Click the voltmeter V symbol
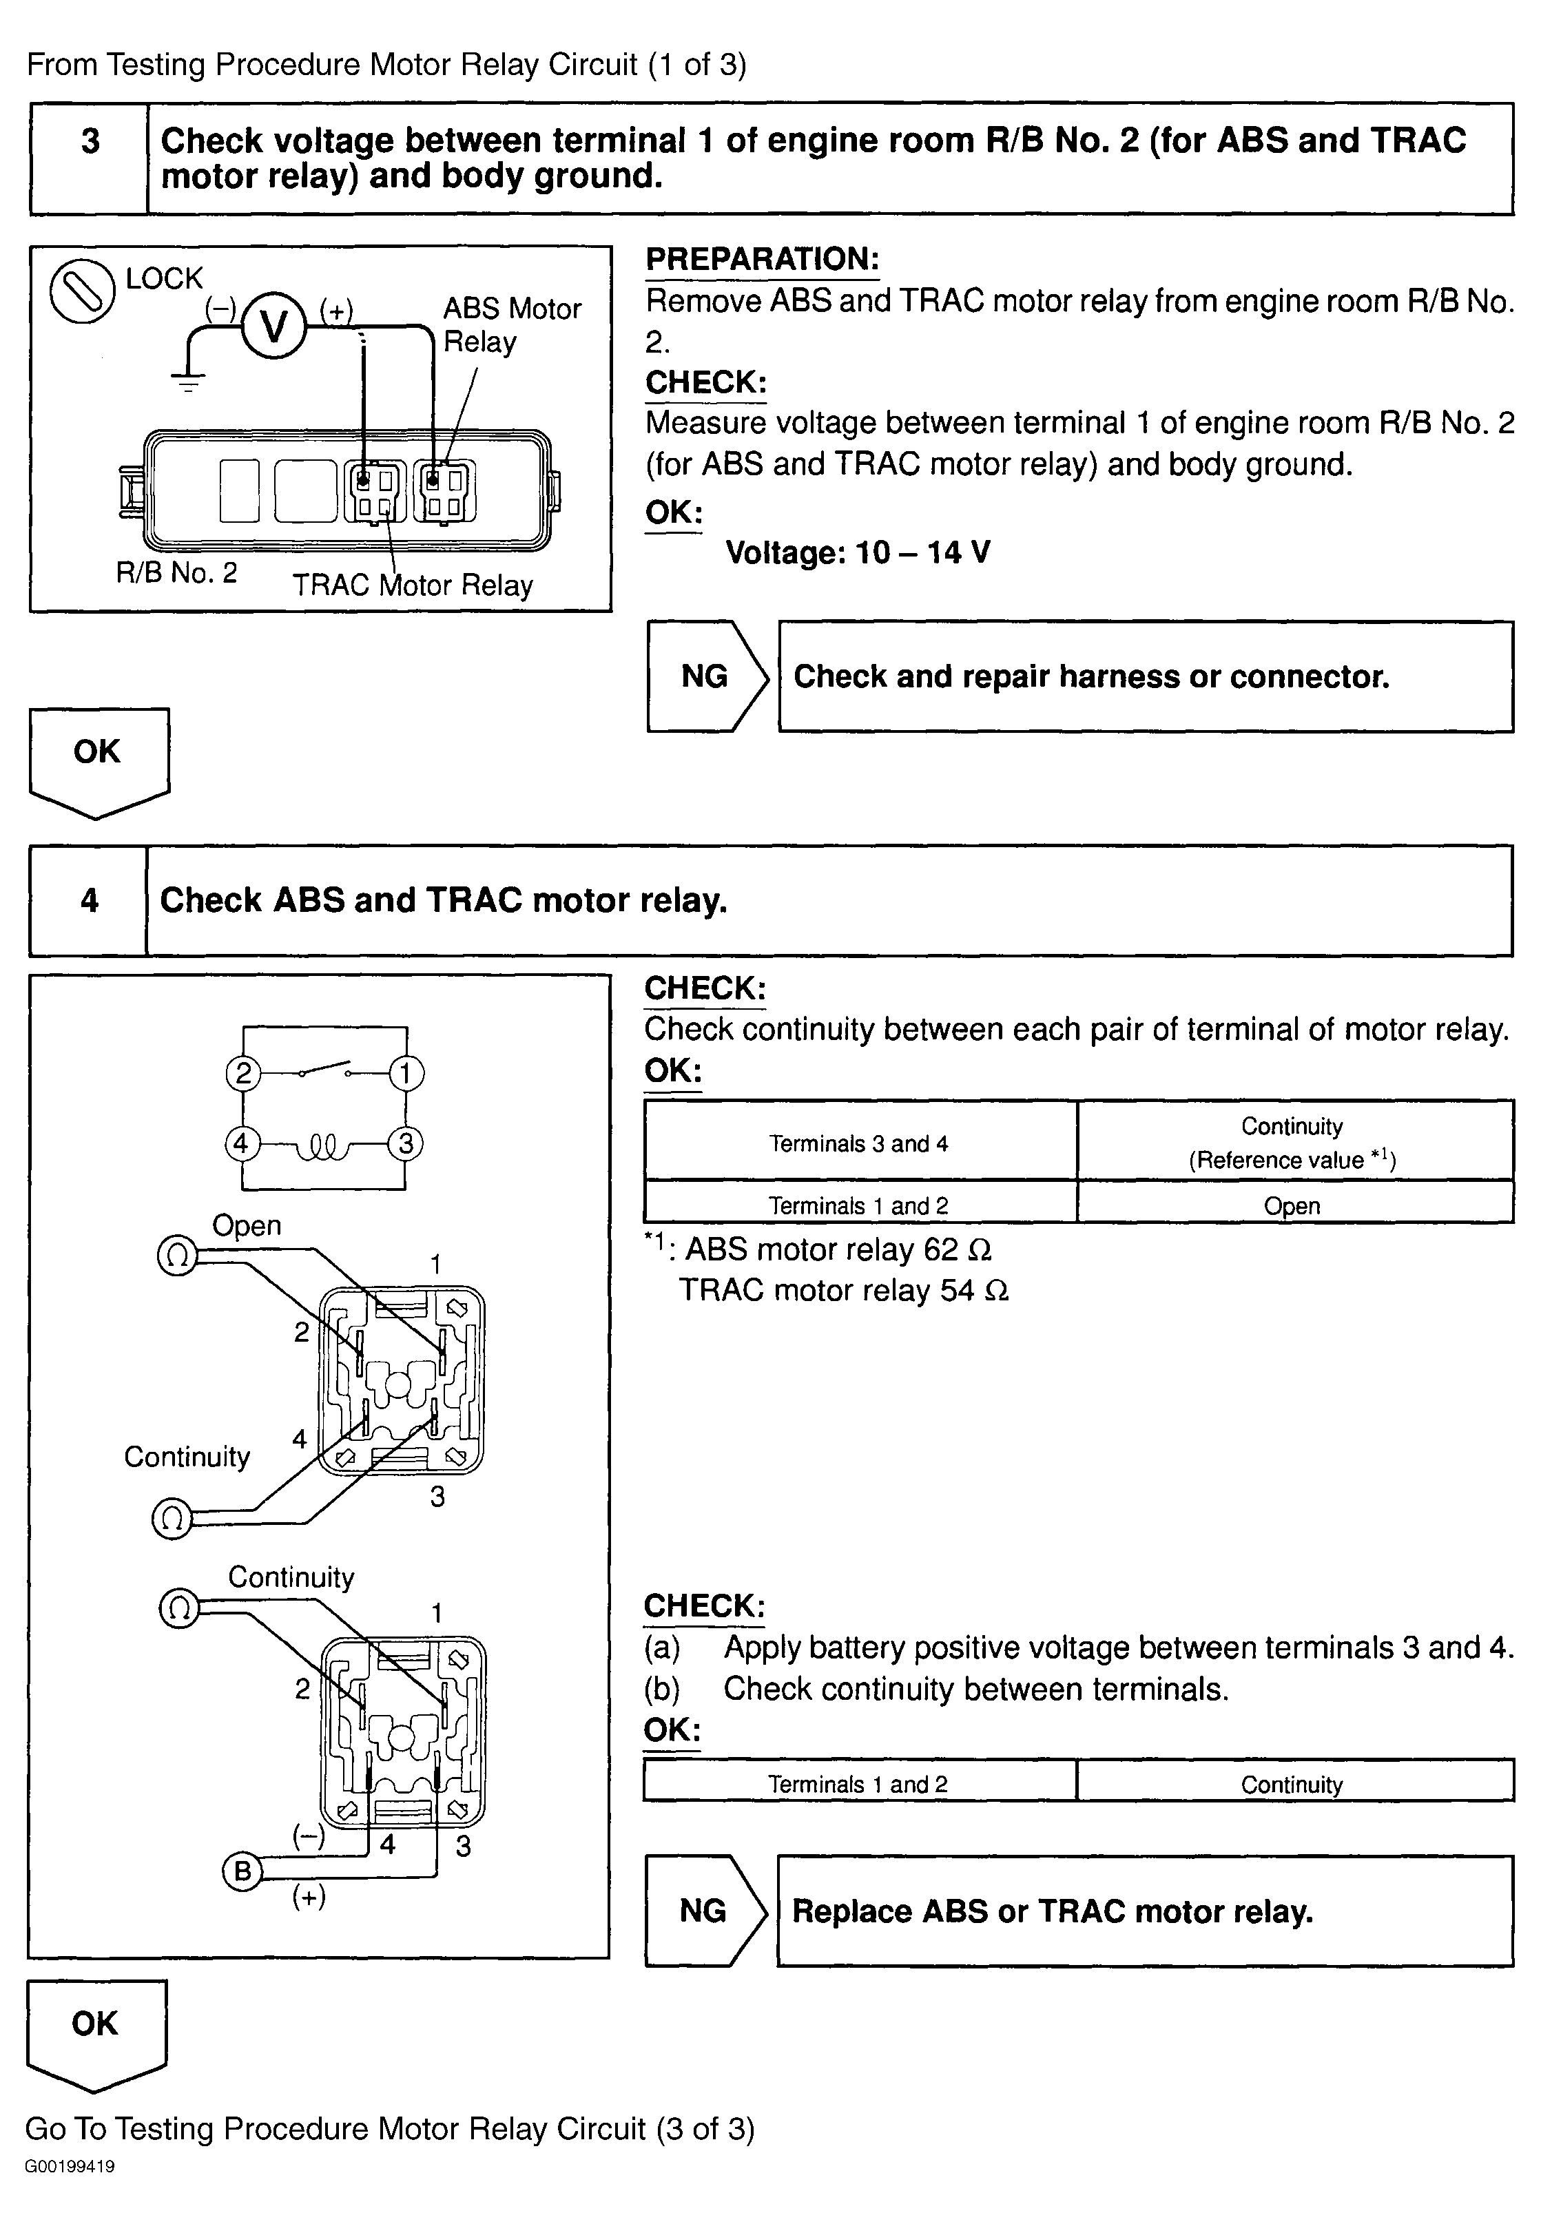coord(273,327)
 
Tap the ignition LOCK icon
coord(82,291)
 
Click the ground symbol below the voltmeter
coord(187,382)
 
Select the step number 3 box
coord(90,142)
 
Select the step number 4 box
coord(89,901)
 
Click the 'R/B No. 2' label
coord(176,572)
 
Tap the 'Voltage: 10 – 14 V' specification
coord(858,553)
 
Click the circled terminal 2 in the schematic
coord(243,1073)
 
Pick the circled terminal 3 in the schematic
coord(406,1144)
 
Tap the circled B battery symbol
coord(242,1871)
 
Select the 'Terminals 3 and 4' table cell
coord(858,1144)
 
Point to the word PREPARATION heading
coord(762,260)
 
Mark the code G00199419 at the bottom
coord(70,2166)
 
